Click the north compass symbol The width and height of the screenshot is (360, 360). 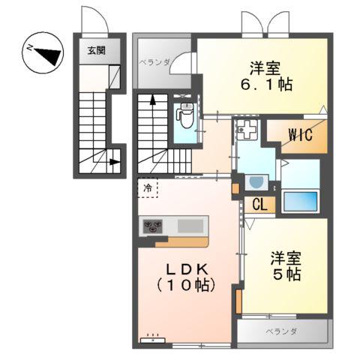click(38, 52)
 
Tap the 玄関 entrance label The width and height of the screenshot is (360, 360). click(97, 51)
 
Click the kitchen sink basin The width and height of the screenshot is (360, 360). click(191, 225)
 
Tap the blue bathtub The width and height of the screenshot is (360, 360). click(300, 200)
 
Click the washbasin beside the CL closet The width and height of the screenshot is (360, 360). click(256, 182)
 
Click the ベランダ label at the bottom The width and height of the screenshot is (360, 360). click(281, 331)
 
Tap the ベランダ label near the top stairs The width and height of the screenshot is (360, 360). click(154, 62)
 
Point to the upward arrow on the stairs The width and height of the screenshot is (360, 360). click(153, 99)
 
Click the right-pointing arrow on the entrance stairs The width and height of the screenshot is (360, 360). click(113, 160)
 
